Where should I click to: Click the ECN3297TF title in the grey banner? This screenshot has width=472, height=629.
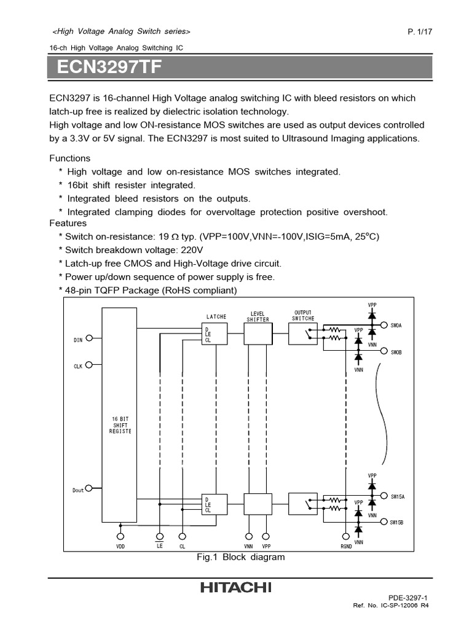(109, 67)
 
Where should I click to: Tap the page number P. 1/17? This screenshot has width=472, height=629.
(420, 32)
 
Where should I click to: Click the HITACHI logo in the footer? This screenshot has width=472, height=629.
(235, 588)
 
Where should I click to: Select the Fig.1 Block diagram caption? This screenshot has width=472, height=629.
(240, 557)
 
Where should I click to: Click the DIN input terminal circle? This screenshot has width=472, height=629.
(90, 338)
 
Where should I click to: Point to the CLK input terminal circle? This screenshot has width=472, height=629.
(90, 364)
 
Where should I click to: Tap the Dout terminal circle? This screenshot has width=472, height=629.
(90, 488)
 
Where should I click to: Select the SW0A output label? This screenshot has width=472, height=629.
(397, 326)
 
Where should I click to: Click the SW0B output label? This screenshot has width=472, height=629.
(397, 352)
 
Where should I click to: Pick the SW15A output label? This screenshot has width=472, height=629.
(398, 495)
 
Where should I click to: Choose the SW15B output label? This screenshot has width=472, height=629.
(398, 522)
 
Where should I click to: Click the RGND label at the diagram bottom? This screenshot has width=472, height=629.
(345, 546)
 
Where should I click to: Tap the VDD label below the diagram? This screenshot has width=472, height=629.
(120, 546)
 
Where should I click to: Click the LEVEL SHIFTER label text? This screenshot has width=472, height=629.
(258, 316)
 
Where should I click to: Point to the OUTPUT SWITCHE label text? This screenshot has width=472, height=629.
(303, 316)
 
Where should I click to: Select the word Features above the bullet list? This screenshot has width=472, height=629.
(68, 223)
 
